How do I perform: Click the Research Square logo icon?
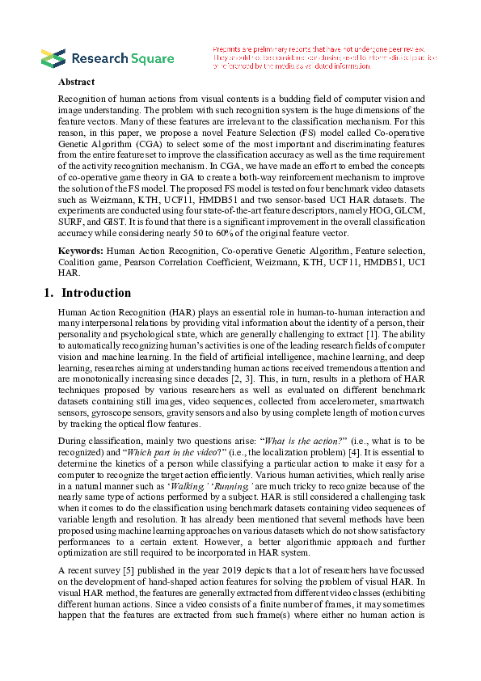pos(53,57)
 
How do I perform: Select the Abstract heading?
pos(76,82)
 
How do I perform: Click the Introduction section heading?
pos(95,293)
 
